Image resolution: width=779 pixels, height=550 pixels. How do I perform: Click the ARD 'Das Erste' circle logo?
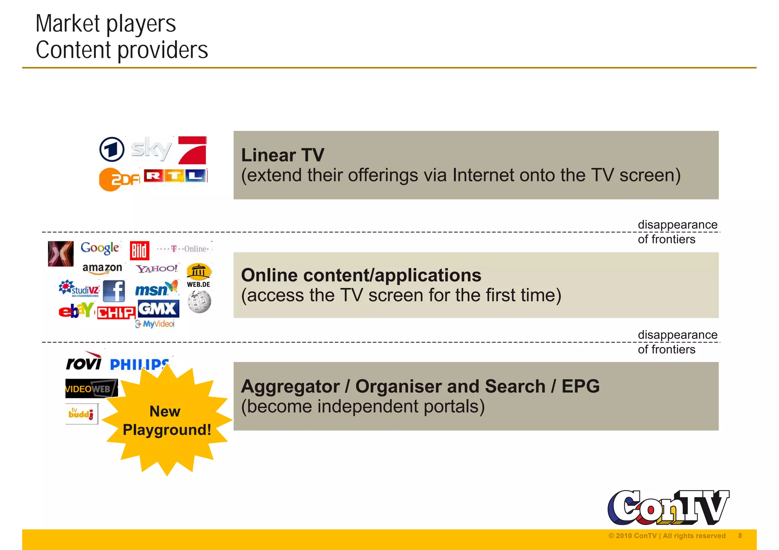[x=112, y=149]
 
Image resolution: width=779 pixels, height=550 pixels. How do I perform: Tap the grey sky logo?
[x=151, y=149]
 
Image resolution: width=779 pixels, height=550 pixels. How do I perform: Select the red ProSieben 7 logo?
[x=193, y=150]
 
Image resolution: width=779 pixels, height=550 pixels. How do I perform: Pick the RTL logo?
[x=175, y=176]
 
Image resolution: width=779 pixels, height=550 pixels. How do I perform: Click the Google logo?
[x=100, y=248]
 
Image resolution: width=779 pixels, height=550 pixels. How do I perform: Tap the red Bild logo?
[x=139, y=250]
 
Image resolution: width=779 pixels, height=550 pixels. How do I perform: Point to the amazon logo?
[x=102, y=268]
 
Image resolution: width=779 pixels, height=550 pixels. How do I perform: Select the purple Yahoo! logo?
[x=157, y=269]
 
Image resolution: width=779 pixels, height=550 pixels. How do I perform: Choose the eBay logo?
[x=76, y=310]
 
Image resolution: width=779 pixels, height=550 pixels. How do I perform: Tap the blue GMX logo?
[x=158, y=309]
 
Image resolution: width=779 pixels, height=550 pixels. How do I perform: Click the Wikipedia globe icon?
[x=199, y=302]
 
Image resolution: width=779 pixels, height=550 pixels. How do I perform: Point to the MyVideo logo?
[x=155, y=324]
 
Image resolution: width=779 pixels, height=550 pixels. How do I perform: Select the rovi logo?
[x=84, y=361]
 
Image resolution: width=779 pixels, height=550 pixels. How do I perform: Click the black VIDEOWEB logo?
[x=91, y=388]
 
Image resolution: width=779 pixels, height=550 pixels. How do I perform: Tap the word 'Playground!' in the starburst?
[x=167, y=430]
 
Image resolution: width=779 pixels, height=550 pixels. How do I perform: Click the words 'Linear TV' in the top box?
[x=283, y=155]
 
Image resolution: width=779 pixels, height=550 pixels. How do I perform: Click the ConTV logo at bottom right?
[x=668, y=507]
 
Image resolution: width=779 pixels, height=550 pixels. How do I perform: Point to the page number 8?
[x=740, y=536]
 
